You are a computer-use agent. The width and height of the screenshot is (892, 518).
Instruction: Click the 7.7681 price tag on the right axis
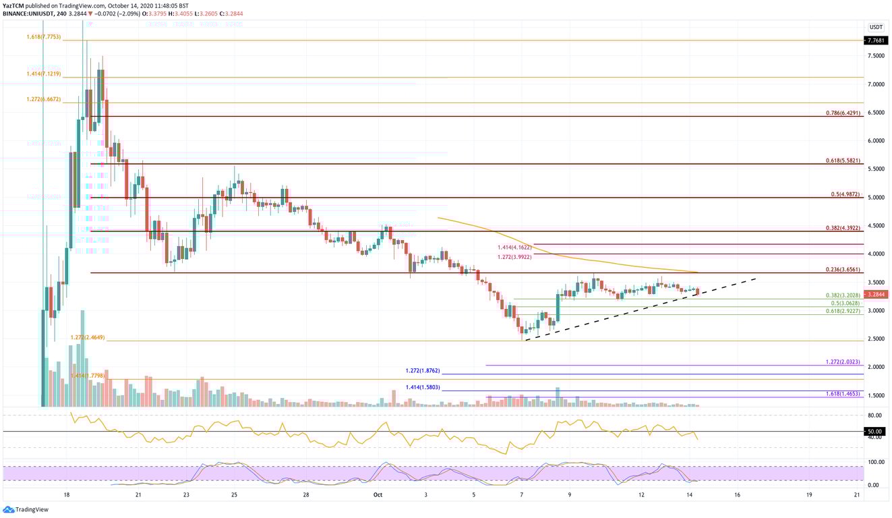[x=876, y=40]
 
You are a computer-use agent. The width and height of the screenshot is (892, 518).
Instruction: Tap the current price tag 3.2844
[x=876, y=294]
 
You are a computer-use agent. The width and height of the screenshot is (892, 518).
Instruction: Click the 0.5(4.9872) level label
[x=846, y=194]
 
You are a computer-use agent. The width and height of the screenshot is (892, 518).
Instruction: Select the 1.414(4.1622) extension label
[x=514, y=248]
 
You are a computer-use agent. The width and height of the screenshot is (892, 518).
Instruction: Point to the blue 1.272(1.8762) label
[x=423, y=370]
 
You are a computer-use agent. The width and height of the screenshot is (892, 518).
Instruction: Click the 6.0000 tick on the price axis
[x=876, y=141]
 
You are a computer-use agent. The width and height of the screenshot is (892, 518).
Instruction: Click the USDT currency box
[x=876, y=27]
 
